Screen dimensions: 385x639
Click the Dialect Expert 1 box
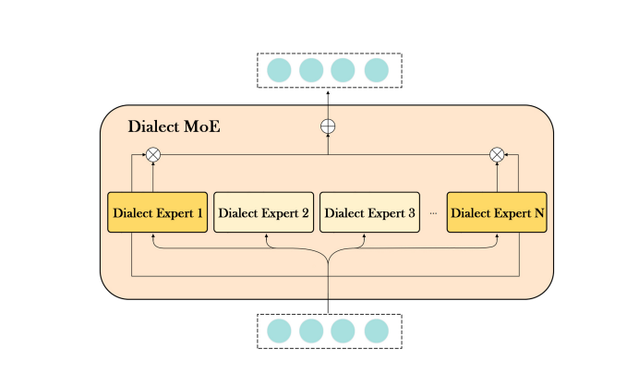[x=157, y=212]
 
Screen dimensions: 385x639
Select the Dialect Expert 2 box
[x=264, y=212]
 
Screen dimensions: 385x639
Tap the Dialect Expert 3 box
[x=369, y=212]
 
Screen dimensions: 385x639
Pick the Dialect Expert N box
[x=497, y=212]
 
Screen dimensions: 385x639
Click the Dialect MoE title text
[x=174, y=126]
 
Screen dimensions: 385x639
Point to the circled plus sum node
[x=328, y=126]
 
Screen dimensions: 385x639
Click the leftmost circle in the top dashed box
[x=279, y=70]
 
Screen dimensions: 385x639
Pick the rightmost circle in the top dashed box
[x=376, y=70]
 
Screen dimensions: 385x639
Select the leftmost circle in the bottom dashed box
[x=279, y=331]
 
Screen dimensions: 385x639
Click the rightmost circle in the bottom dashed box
[x=376, y=331]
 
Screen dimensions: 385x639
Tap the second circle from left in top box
[x=311, y=70]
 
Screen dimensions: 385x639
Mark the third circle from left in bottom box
[x=344, y=331]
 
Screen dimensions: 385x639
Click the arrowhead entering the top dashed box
[x=328, y=90]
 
